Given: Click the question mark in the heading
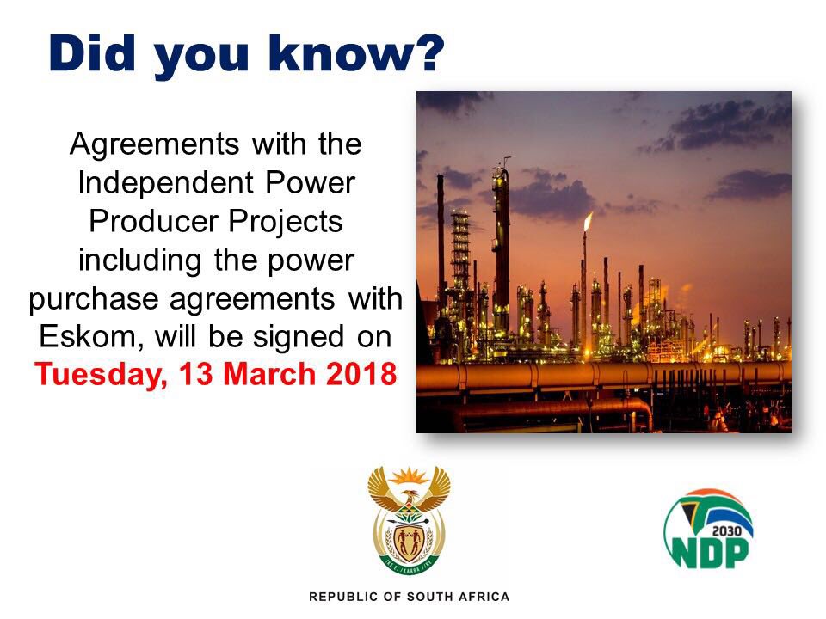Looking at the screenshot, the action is pyautogui.click(x=428, y=52).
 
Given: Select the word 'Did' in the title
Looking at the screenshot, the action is pyautogui.click(x=92, y=52).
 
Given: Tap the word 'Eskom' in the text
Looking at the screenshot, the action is pyautogui.click(x=88, y=337).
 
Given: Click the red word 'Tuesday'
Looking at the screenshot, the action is pyautogui.click(x=101, y=376).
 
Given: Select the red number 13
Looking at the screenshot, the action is pyautogui.click(x=196, y=374).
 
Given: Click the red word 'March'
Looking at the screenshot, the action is pyautogui.click(x=269, y=374).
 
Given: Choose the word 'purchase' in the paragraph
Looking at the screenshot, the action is pyautogui.click(x=94, y=300).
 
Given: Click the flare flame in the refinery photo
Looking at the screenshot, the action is pyautogui.click(x=588, y=221).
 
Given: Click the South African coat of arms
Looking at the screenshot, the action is pyautogui.click(x=409, y=518).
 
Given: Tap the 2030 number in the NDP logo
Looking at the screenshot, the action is pyautogui.click(x=726, y=531).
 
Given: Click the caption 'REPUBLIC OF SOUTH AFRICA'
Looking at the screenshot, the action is pyautogui.click(x=410, y=597).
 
